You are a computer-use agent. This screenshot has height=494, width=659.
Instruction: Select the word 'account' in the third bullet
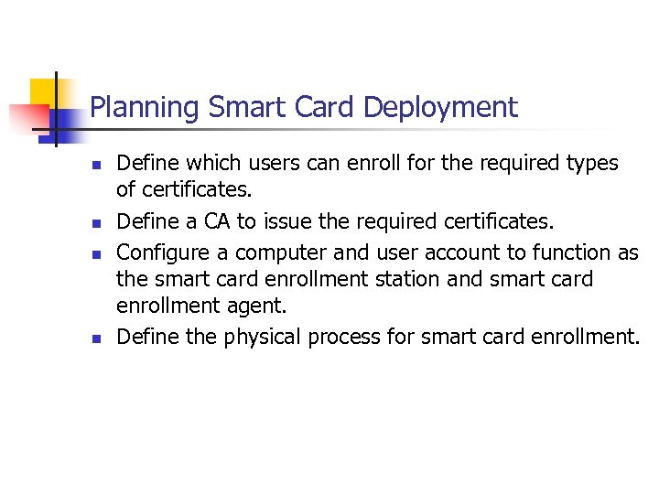pyautogui.click(x=435, y=252)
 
